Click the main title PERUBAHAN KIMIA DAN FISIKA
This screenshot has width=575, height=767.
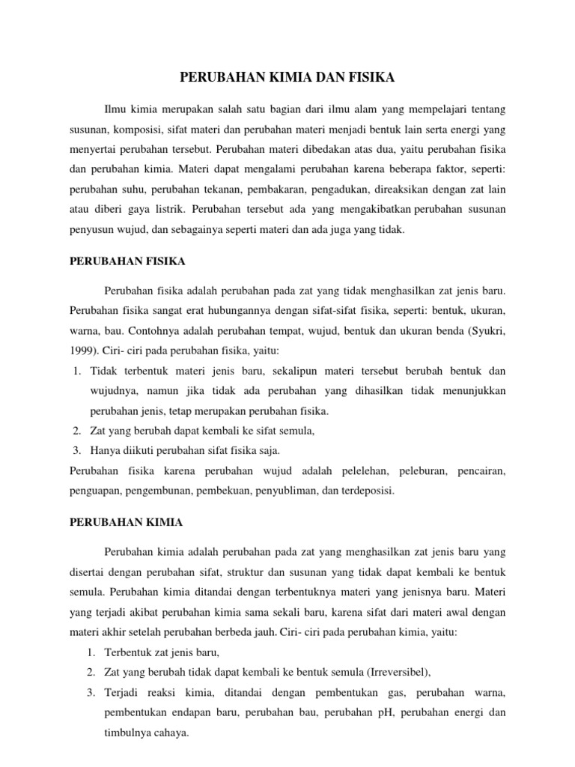pos(287,76)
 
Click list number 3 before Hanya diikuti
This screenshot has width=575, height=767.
pos(77,451)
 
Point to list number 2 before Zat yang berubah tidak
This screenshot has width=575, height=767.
pos(91,671)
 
